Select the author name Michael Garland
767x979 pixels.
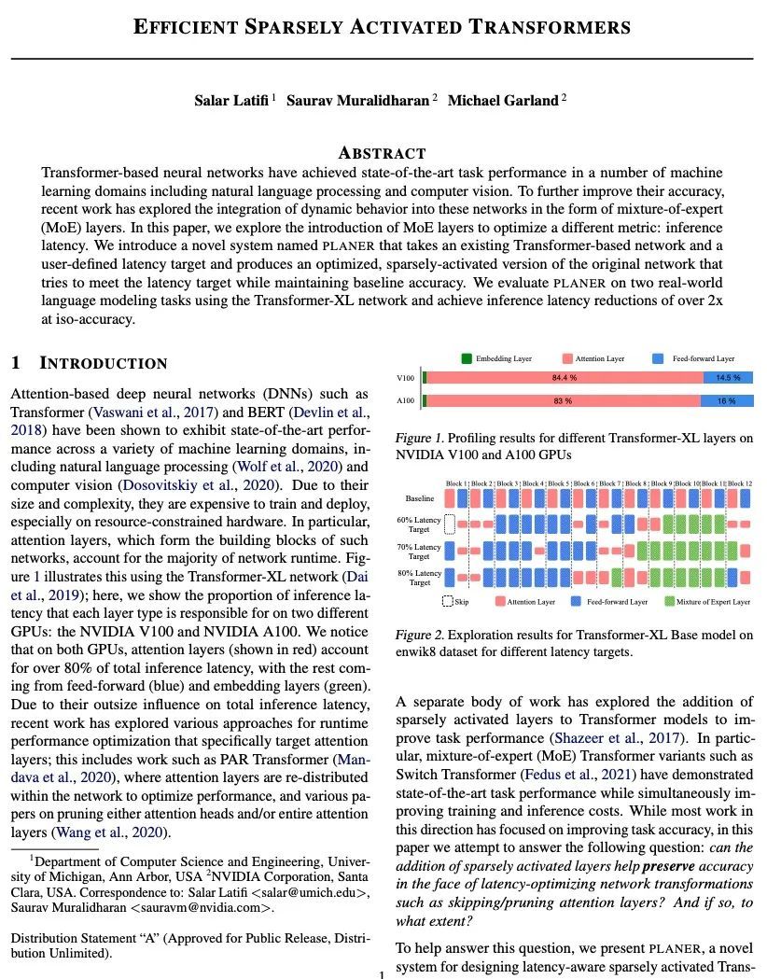503,101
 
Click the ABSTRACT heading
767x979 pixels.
382,153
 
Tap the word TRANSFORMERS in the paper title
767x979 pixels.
550,26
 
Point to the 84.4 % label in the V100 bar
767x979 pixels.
563,378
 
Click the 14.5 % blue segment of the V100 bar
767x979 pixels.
728,378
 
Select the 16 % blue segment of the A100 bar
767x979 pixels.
727,400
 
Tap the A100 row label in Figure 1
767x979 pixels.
406,400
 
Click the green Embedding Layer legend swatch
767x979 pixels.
467,358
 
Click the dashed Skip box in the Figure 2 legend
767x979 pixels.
448,602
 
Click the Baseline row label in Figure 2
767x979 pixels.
420,499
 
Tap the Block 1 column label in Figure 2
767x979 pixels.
456,483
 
